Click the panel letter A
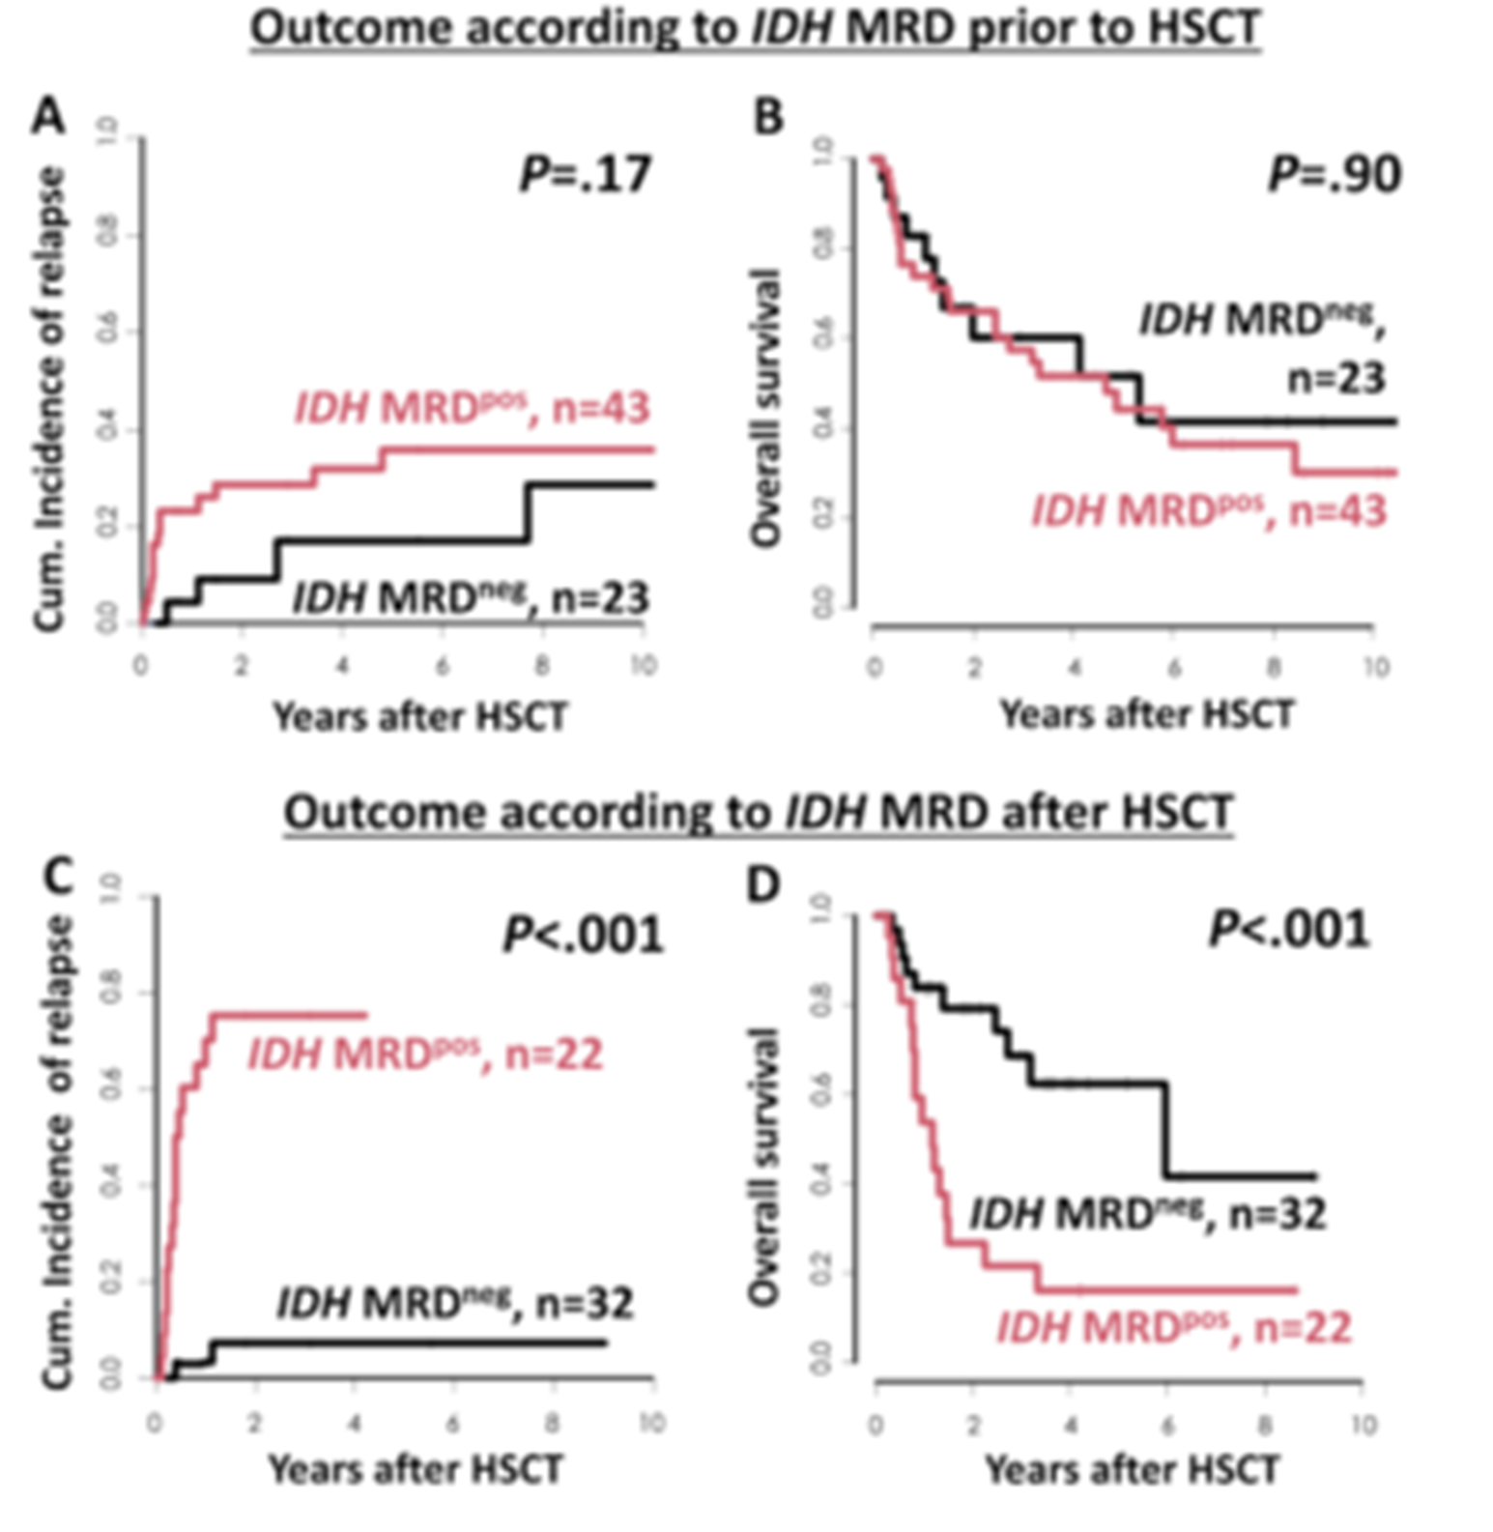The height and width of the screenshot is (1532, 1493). (48, 118)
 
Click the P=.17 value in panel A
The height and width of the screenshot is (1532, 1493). (586, 175)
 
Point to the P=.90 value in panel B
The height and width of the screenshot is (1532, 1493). (1334, 175)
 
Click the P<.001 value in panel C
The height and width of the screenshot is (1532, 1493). (584, 935)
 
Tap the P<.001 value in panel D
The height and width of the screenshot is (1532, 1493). (1289, 930)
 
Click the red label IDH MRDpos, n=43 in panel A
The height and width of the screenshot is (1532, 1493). (472, 408)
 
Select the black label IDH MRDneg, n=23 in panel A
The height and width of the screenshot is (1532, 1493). (471, 597)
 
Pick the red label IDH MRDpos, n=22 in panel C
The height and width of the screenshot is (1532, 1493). (425, 1053)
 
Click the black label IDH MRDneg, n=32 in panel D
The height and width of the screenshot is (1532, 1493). (1147, 1213)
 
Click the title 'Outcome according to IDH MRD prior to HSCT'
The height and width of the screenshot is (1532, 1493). (756, 29)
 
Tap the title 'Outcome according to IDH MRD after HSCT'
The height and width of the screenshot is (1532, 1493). (759, 812)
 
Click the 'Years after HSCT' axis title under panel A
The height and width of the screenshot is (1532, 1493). (420, 717)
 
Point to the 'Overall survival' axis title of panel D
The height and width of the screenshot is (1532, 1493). (763, 1165)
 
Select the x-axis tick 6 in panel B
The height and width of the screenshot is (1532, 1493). (1173, 668)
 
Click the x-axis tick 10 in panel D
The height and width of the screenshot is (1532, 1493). (1363, 1426)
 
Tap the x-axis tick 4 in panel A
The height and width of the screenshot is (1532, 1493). (342, 666)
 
